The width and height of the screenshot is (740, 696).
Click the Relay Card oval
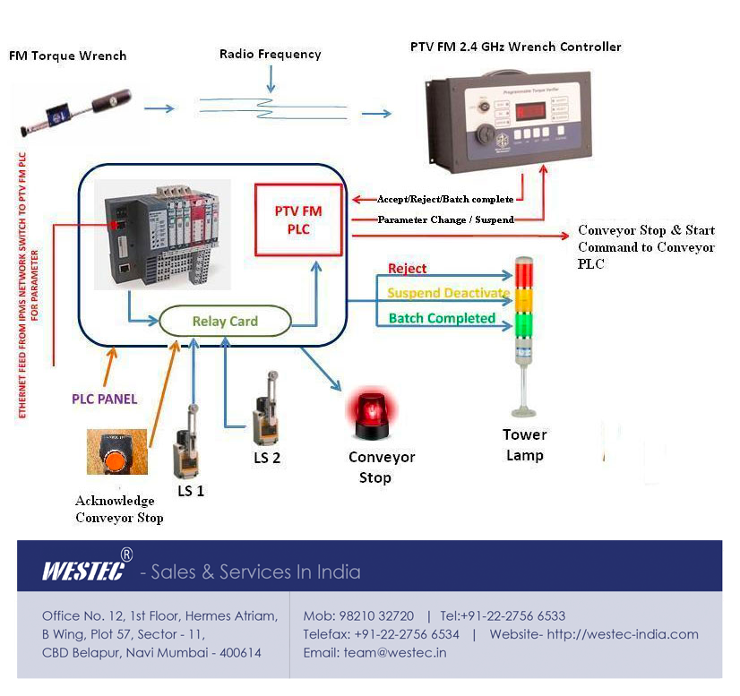[225, 321]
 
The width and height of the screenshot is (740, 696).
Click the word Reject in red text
[407, 268]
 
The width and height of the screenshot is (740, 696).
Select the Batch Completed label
[442, 318]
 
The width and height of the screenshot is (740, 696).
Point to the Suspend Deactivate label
[448, 293]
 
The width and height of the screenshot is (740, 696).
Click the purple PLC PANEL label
[105, 399]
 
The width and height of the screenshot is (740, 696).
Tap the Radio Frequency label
[270, 55]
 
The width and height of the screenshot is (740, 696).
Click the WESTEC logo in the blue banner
[82, 571]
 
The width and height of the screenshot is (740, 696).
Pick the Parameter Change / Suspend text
[445, 219]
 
